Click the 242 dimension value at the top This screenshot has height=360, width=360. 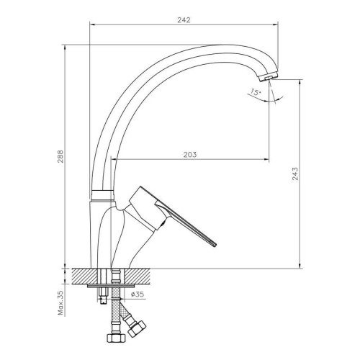[x=184, y=20]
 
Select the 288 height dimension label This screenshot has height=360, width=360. [x=60, y=156]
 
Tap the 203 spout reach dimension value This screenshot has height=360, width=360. [x=190, y=155]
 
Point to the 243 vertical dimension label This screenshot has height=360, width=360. [x=295, y=174]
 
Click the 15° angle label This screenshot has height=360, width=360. [x=255, y=91]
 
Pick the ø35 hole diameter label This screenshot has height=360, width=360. [x=138, y=294]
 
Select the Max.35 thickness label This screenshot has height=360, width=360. [x=60, y=302]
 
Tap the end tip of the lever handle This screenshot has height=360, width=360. [x=215, y=245]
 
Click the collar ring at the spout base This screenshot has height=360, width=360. [x=102, y=195]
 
